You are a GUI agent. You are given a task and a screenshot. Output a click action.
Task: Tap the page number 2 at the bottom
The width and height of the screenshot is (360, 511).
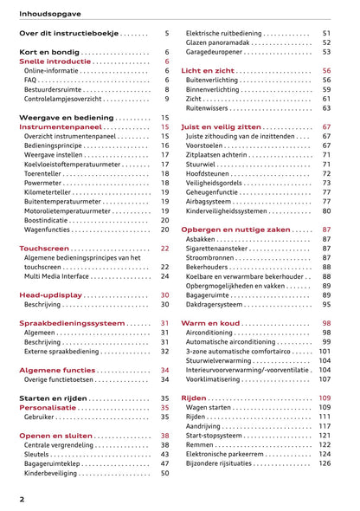(22, 500)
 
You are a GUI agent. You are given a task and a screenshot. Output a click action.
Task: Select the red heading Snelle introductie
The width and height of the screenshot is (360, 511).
(56, 63)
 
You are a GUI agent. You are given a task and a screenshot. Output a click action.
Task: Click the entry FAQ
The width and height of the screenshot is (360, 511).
(31, 76)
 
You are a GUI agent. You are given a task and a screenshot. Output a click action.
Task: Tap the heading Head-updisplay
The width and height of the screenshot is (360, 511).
(50, 295)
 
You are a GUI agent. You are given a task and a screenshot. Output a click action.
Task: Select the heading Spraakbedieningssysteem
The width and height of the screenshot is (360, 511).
(72, 323)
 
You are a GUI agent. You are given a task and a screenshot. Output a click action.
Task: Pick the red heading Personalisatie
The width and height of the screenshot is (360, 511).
(53, 407)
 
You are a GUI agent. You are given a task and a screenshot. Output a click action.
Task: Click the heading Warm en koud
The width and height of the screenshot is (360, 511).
(211, 323)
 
